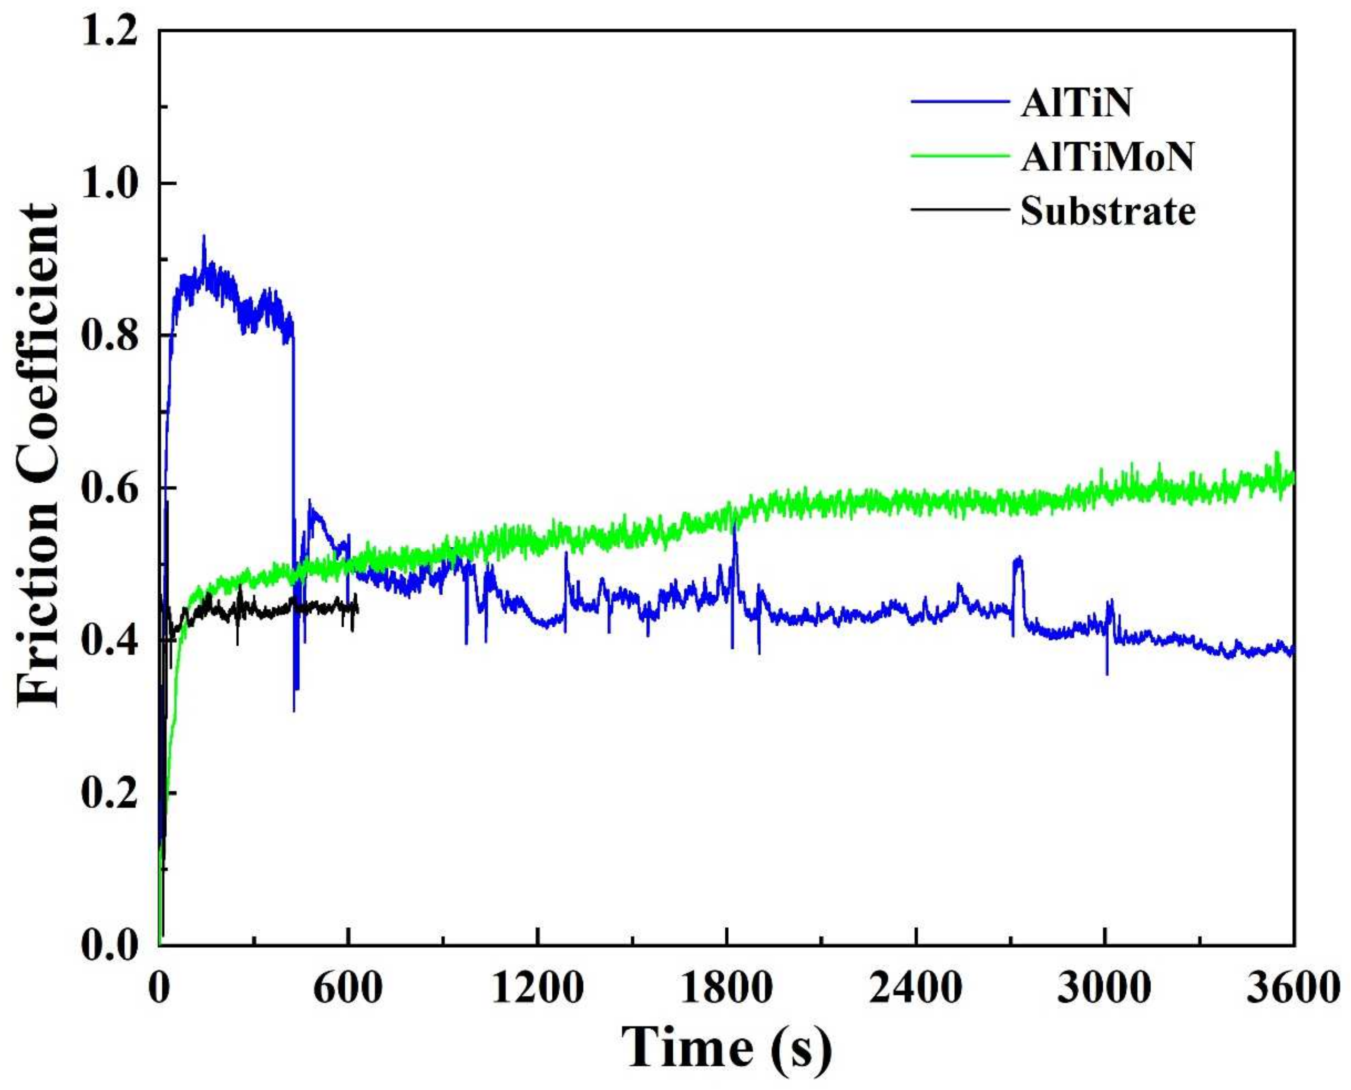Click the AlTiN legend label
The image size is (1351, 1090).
point(1076,104)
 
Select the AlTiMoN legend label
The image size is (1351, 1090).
point(1106,157)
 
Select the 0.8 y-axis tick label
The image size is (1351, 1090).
point(110,337)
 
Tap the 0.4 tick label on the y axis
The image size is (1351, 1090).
point(110,641)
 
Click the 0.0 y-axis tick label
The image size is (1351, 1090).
point(110,945)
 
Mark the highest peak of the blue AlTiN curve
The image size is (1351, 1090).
point(203,237)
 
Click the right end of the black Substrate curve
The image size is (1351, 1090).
point(357,608)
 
